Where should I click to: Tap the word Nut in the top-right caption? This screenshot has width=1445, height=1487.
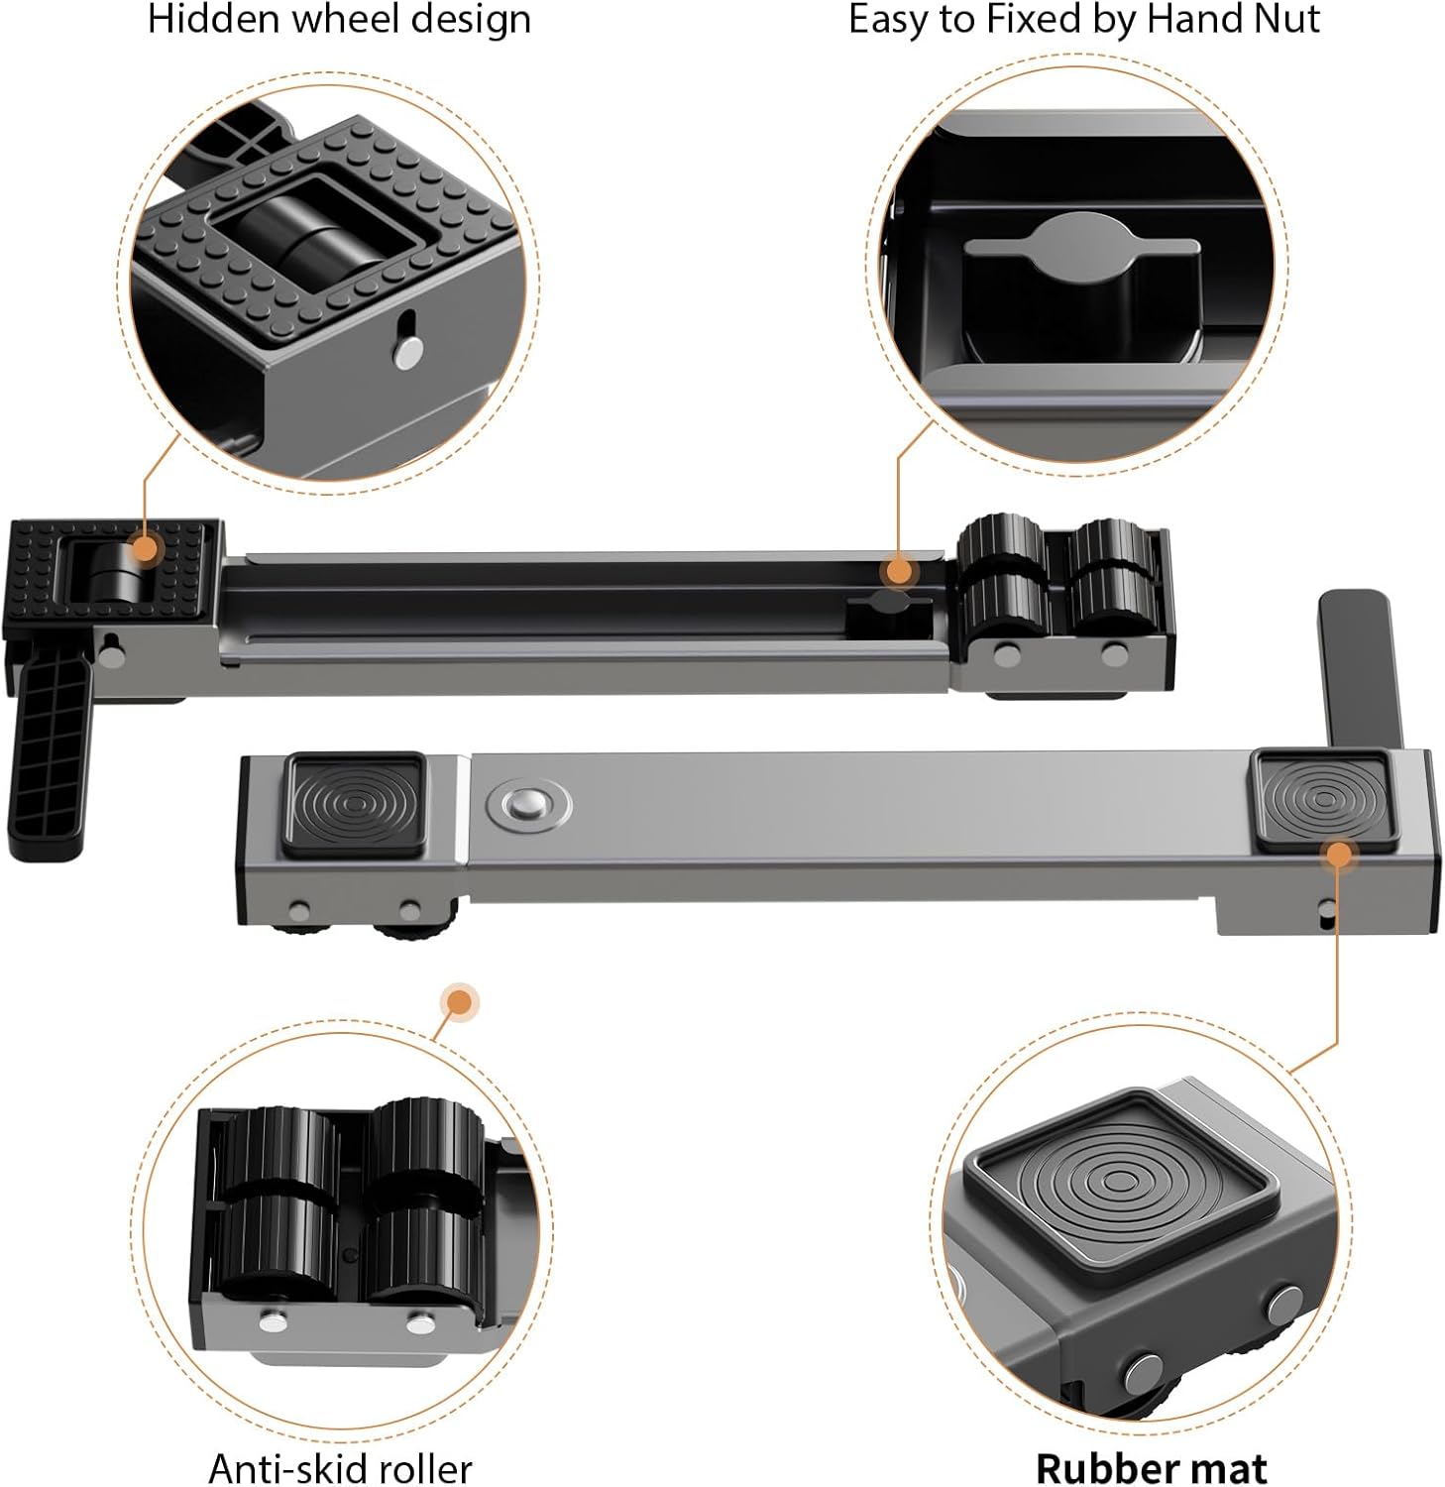pos(1288,19)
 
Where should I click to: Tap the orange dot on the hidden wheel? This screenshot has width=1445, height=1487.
pos(145,548)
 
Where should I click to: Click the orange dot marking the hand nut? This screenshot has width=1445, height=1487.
pos(899,571)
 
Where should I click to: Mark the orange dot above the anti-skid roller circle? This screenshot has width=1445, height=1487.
pos(459,1003)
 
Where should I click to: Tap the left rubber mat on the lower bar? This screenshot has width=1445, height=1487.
pos(356,804)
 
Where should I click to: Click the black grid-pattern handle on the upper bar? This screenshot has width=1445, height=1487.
pos(49,759)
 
